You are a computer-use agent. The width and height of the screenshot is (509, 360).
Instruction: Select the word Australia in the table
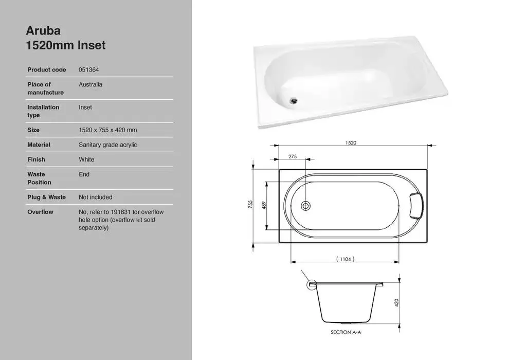coord(90,84)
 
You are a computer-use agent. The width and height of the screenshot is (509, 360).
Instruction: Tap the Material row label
coord(39,145)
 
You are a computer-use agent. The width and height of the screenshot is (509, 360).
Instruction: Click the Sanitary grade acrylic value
coord(107,145)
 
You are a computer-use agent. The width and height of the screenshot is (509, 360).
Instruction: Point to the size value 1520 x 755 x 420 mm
coord(107,130)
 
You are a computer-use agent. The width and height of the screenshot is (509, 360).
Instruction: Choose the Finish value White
coord(86,159)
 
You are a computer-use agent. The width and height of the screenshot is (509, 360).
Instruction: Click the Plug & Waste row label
coord(46,197)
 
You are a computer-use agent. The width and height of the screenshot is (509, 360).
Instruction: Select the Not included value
coord(95,197)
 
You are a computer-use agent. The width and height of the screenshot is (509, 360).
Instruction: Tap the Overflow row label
coord(40,212)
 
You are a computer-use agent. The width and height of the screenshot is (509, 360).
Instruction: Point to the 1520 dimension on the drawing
coord(351,143)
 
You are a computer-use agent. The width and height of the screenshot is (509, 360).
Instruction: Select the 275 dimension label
coord(293,157)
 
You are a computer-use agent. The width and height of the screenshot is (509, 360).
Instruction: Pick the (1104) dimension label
coord(345,260)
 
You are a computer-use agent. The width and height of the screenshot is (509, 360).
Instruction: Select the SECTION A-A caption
coord(346,333)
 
